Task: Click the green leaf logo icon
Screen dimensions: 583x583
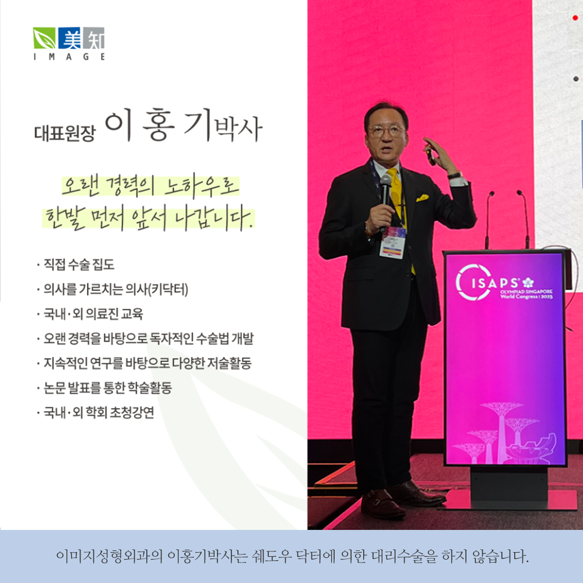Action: point(45,38)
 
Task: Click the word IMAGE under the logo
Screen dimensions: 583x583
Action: point(69,57)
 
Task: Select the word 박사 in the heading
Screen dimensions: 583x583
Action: point(238,127)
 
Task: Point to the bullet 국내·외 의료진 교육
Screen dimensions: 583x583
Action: point(92,315)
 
